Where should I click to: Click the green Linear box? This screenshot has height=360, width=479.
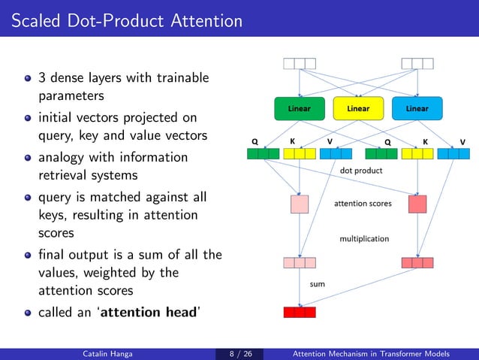(x=300, y=108)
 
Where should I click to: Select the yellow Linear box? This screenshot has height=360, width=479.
(x=358, y=108)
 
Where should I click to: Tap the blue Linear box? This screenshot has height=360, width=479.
(x=417, y=108)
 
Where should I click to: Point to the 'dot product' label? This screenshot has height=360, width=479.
(x=361, y=171)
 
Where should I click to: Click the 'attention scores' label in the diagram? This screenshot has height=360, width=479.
(x=363, y=204)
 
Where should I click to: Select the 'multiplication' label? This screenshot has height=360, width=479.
(x=364, y=238)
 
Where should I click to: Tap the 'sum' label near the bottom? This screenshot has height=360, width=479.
(x=318, y=284)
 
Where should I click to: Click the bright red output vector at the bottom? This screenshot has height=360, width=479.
(x=300, y=312)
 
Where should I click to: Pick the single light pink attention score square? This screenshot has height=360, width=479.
(x=300, y=204)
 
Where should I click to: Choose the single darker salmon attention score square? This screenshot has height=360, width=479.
(x=417, y=204)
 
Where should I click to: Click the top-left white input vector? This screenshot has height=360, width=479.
(x=300, y=64)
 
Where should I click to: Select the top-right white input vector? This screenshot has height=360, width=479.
(x=417, y=64)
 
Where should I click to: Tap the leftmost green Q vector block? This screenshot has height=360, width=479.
(x=263, y=154)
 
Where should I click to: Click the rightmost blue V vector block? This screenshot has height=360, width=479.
(x=453, y=154)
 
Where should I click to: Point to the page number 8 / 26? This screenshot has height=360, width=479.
(x=239, y=353)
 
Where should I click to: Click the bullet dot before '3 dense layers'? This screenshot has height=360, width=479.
(x=29, y=78)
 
